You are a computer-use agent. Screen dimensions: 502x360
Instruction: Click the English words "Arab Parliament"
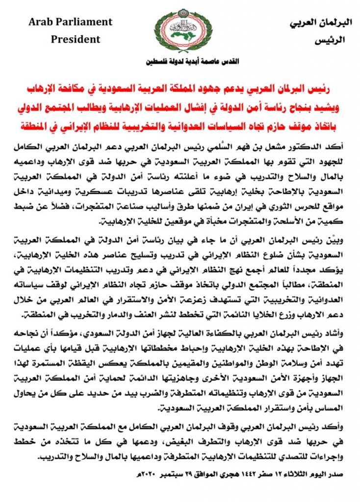click(x=71, y=22)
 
